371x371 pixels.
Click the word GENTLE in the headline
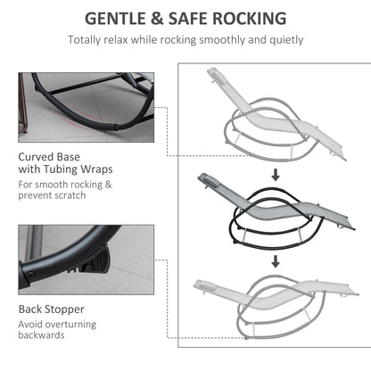(x=116, y=19)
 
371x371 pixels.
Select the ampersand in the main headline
(x=157, y=19)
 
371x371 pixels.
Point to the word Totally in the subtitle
(x=85, y=40)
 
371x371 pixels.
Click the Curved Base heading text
(x=49, y=157)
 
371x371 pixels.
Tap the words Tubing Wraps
(x=78, y=169)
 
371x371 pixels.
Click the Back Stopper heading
(x=52, y=309)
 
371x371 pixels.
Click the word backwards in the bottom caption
(x=41, y=335)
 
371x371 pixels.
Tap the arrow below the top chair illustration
(x=276, y=175)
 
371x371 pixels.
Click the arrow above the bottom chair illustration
(x=276, y=261)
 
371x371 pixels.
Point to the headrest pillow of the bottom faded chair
(x=206, y=287)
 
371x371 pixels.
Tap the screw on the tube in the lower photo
(x=30, y=276)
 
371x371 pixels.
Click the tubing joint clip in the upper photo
(x=117, y=128)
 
